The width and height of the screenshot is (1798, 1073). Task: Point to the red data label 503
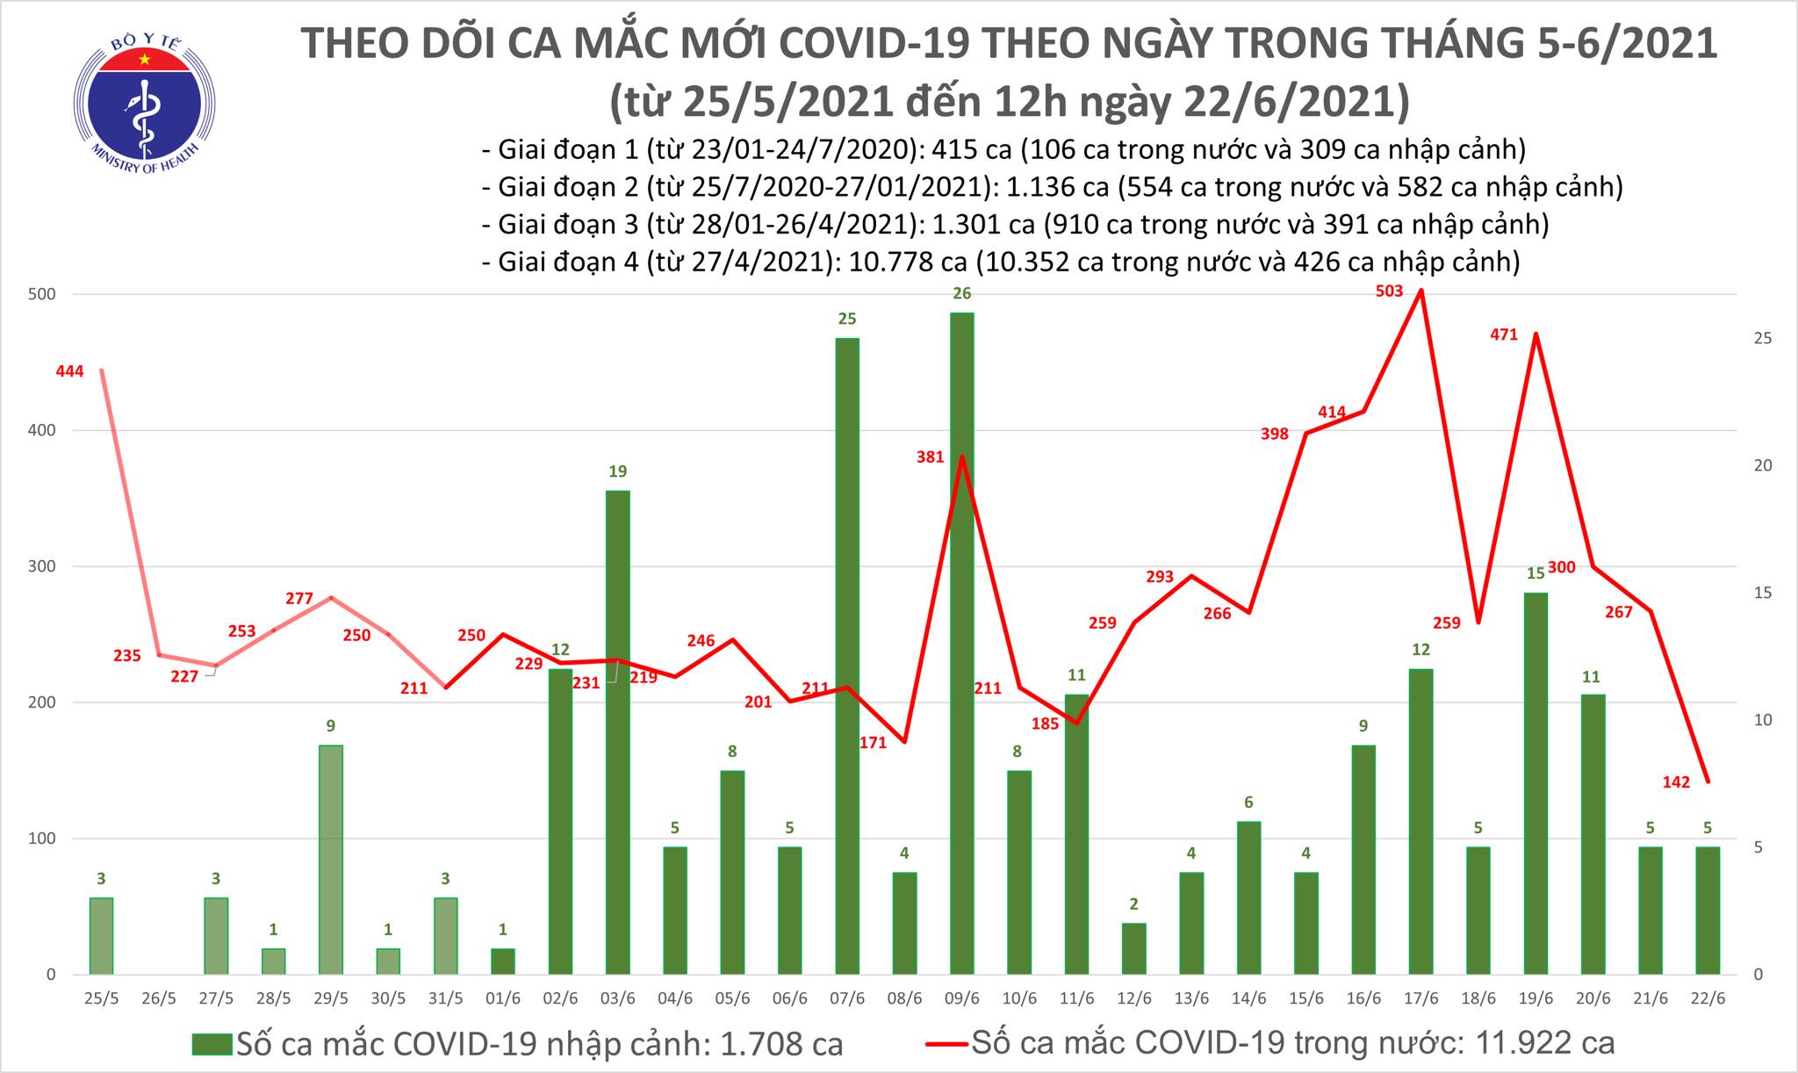1390,292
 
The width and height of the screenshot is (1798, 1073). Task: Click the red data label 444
69,371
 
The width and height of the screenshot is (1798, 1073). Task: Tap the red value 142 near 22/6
1676,782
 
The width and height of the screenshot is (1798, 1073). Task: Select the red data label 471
1504,335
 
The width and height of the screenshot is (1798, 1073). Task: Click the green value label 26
962,293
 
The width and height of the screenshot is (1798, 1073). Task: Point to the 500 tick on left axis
43,294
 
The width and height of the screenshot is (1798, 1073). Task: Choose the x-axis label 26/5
159,998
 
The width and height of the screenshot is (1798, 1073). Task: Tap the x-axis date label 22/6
1707,998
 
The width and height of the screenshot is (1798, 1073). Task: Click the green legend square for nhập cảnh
212,1043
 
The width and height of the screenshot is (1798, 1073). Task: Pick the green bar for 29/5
330,860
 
